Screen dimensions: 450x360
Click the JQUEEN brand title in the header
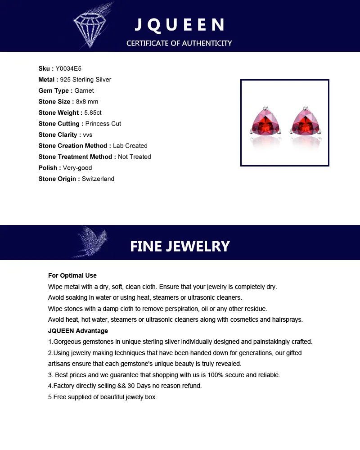coord(180,25)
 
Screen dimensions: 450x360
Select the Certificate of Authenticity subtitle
coord(179,43)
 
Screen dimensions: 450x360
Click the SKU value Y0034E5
coord(68,69)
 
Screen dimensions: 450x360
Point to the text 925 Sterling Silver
coord(89,80)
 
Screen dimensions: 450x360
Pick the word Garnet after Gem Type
coord(84,91)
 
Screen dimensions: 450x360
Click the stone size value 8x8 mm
coord(87,102)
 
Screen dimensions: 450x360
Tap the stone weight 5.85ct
coord(93,113)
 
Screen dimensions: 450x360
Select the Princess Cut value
coord(103,124)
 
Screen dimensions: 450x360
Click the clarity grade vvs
coord(87,135)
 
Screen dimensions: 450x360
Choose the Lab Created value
coord(130,146)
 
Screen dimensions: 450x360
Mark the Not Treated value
coord(134,157)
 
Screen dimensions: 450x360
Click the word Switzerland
coord(98,179)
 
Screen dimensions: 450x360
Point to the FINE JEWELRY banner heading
coord(180,246)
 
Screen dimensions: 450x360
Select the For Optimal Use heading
coord(72,275)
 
